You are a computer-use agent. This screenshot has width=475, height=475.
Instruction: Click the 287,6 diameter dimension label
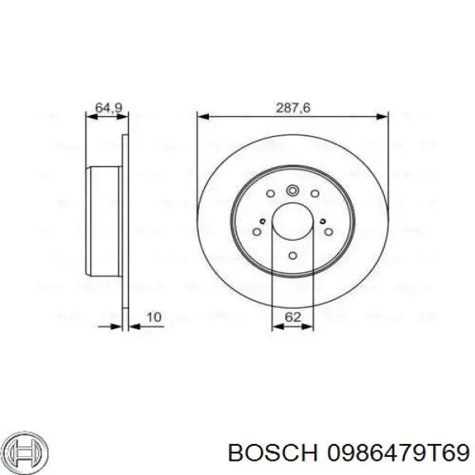point(293,108)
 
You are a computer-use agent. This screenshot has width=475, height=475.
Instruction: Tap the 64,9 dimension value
point(108,108)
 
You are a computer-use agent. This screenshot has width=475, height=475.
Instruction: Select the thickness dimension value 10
point(154,317)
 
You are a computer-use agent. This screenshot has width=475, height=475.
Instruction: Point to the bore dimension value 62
point(293,317)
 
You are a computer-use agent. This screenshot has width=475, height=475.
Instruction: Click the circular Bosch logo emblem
point(27,453)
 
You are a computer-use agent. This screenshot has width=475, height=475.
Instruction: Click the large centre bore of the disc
point(293,222)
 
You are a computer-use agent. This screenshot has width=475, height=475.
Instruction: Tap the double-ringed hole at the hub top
point(293,191)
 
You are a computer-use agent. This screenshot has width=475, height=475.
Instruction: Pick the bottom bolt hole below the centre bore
point(293,256)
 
